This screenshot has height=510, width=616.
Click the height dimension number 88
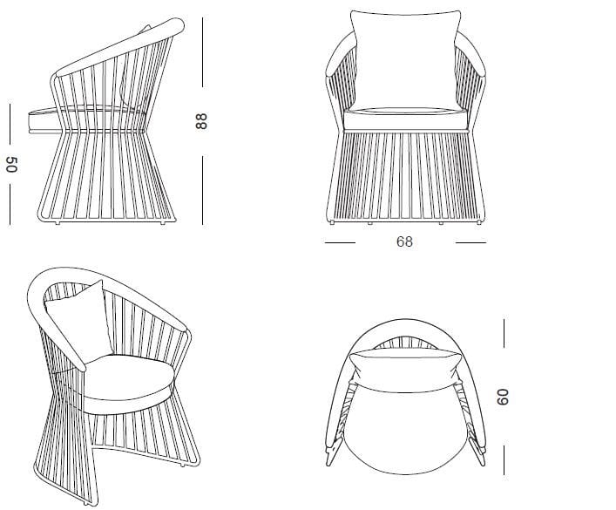click(x=203, y=121)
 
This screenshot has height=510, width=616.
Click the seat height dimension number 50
click(x=10, y=165)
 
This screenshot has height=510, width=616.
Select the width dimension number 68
click(x=404, y=241)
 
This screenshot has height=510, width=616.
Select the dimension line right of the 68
click(x=470, y=242)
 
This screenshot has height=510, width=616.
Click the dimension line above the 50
click(x=10, y=122)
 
